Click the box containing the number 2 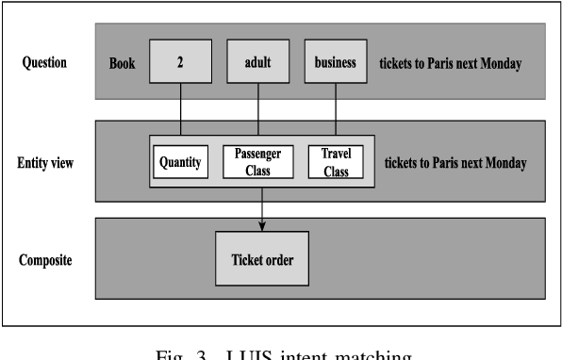tap(180, 63)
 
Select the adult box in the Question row tap(258, 63)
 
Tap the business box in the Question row tap(335, 63)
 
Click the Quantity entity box tap(180, 162)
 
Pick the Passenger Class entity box tap(258, 162)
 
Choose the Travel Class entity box tap(335, 162)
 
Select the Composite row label tap(47, 256)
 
